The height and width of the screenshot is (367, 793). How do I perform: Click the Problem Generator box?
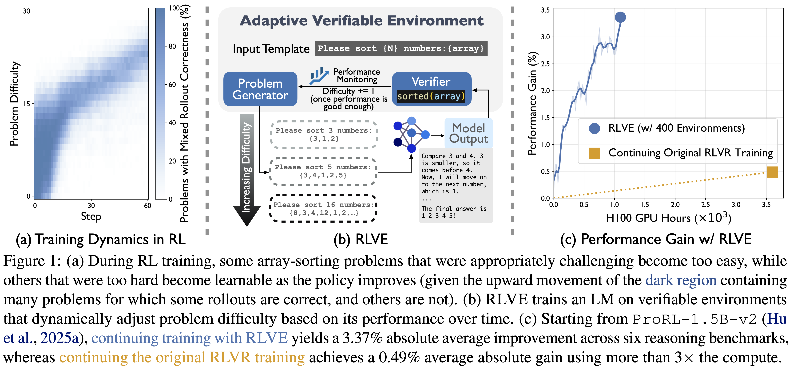pyautogui.click(x=260, y=89)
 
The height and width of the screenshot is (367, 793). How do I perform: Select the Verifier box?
pyautogui.click(x=431, y=89)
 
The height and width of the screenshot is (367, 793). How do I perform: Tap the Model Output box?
pyautogui.click(x=468, y=133)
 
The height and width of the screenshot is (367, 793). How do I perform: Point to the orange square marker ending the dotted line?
pyautogui.click(x=772, y=172)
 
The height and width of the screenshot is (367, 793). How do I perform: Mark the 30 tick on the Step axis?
pyautogui.click(x=91, y=206)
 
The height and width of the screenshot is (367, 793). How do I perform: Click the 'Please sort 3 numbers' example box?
pyautogui.click(x=324, y=135)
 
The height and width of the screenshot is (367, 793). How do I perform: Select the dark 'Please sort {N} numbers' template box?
pyautogui.click(x=401, y=48)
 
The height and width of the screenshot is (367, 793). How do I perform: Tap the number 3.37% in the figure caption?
pyautogui.click(x=362, y=338)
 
